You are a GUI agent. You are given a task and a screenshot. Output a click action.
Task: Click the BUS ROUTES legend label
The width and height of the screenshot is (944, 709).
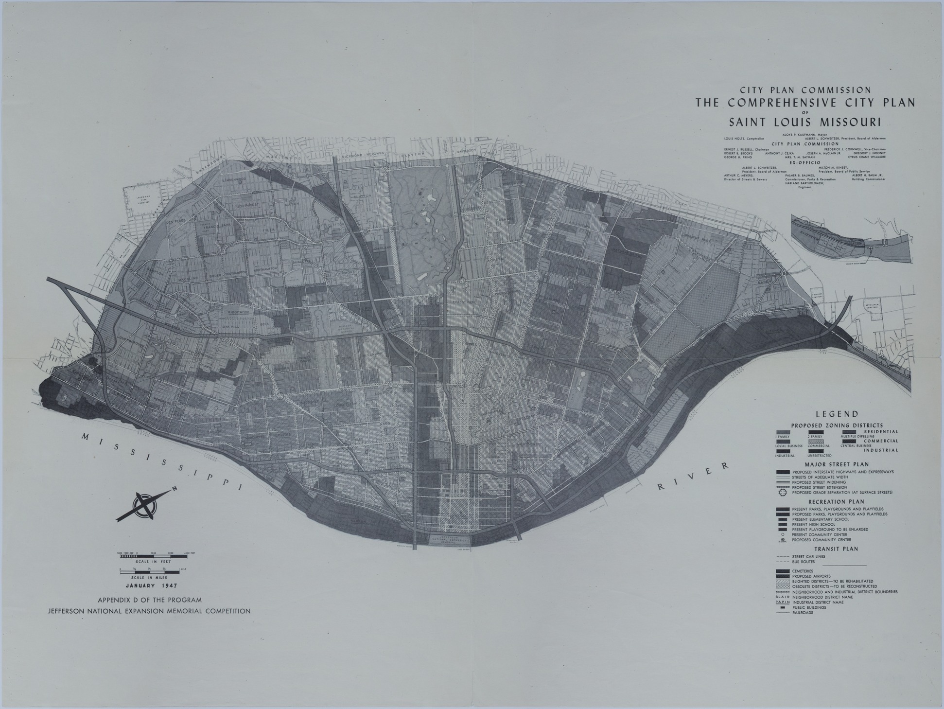(x=803, y=562)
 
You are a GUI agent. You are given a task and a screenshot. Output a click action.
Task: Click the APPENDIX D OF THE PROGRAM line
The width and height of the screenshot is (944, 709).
(x=149, y=600)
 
